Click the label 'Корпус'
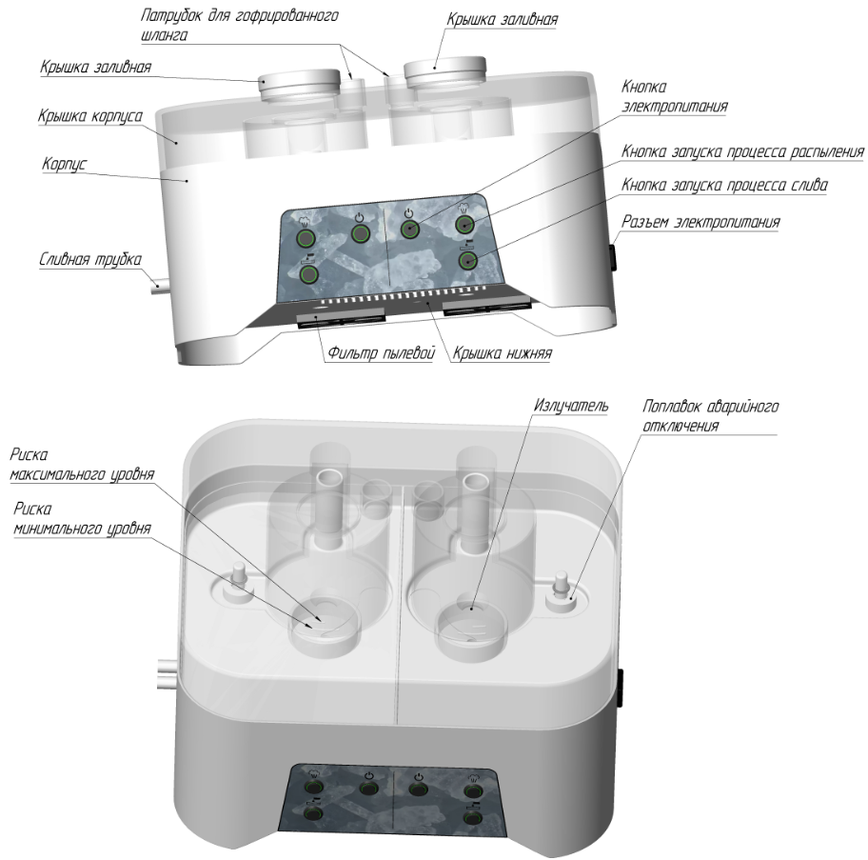[x=64, y=165]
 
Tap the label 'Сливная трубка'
[x=90, y=259]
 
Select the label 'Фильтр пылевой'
[x=382, y=352]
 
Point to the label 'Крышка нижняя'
[x=503, y=352]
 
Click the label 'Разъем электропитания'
[x=700, y=222]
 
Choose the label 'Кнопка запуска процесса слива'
[x=724, y=185]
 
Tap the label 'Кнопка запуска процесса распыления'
[x=742, y=151]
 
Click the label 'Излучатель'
[x=571, y=406]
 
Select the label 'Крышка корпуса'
[x=90, y=116]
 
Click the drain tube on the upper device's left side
[x=161, y=287]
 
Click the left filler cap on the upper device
[x=300, y=85]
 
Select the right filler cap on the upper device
[x=445, y=70]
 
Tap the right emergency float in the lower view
[x=562, y=592]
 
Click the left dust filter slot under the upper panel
[x=341, y=319]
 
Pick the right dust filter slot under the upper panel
[x=487, y=308]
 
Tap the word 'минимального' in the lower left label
[x=52, y=529]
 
